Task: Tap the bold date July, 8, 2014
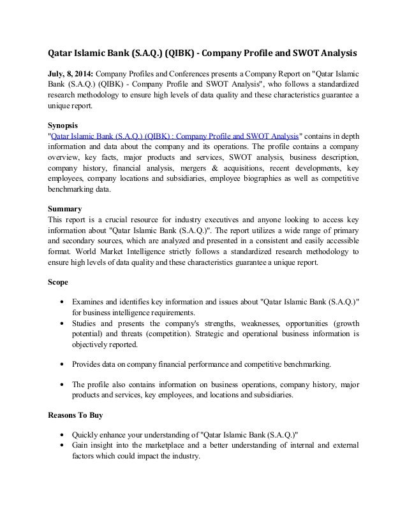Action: pos(70,73)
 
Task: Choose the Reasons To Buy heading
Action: pos(75,415)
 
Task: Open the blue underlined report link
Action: pos(174,136)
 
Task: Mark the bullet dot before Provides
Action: pos(61,365)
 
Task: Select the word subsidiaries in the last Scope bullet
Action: pos(271,395)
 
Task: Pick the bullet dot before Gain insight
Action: pos(61,446)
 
